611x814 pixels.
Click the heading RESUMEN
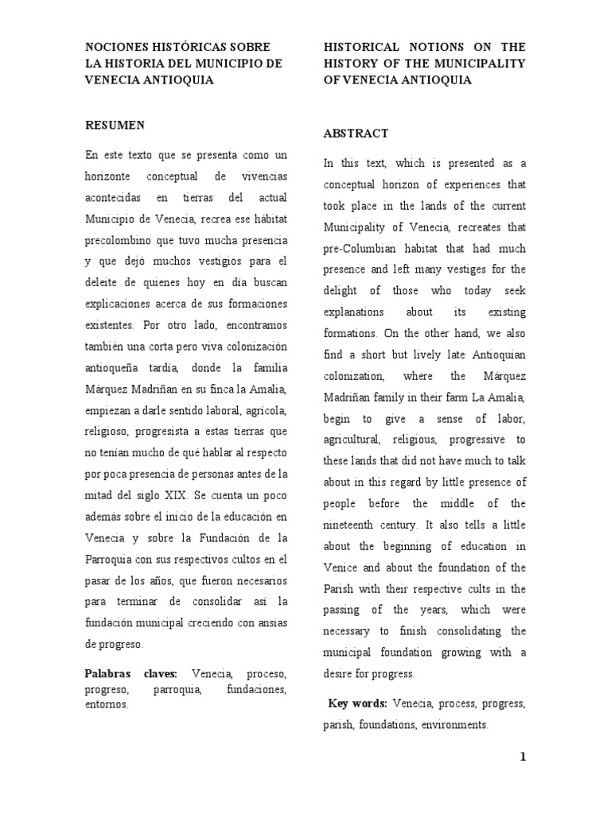(x=115, y=125)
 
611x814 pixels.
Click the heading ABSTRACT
(x=356, y=134)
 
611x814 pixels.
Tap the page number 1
(x=523, y=757)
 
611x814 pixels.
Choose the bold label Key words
(x=357, y=704)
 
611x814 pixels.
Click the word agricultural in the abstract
(x=357, y=440)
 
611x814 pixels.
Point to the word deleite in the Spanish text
(x=103, y=281)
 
